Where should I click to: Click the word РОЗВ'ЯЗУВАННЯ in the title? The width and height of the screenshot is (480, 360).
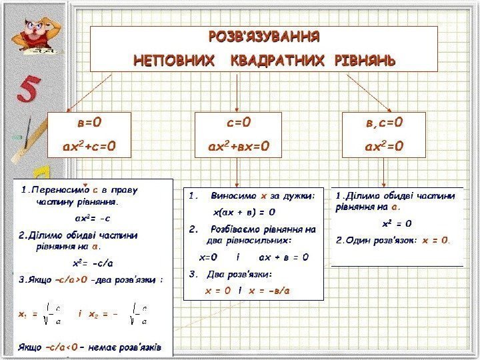(264, 35)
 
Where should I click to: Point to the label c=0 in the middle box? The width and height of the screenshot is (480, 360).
(237, 122)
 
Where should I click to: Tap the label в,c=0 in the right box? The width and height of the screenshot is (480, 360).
(385, 122)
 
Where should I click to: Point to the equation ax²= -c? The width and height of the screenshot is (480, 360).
(93, 217)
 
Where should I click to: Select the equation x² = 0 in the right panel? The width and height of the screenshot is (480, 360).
(397, 223)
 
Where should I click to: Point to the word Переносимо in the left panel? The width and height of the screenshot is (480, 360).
(57, 189)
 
